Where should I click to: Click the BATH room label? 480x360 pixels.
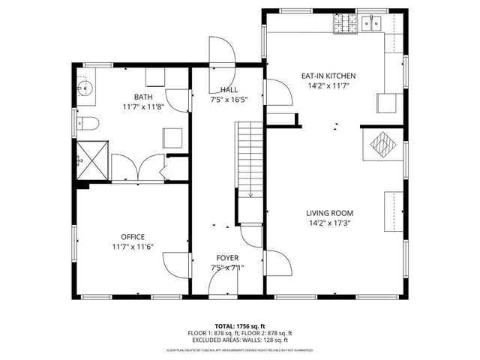pos(142,97)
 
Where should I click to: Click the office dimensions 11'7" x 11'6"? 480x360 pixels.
pos(133,247)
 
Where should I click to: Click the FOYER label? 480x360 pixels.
pos(227,257)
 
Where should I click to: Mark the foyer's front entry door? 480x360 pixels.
pos(224,280)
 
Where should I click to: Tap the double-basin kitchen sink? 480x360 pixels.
pos(372,24)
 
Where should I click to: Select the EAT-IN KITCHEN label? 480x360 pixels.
pos(328,76)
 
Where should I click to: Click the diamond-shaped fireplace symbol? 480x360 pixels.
pos(382,144)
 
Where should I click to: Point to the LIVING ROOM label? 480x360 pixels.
pos(329,213)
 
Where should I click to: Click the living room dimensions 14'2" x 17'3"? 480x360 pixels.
pos(329,223)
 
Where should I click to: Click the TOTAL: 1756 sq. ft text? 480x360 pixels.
pos(240,326)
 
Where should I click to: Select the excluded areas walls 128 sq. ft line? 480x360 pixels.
pos(240,340)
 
